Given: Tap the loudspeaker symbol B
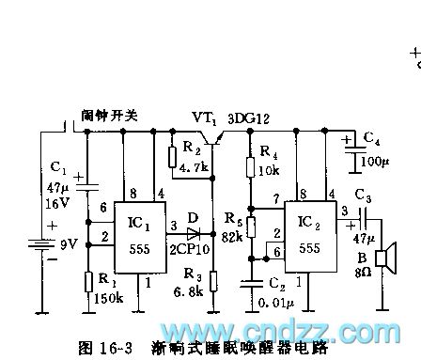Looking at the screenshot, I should [382, 258].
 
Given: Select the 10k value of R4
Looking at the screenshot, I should [269, 171].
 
